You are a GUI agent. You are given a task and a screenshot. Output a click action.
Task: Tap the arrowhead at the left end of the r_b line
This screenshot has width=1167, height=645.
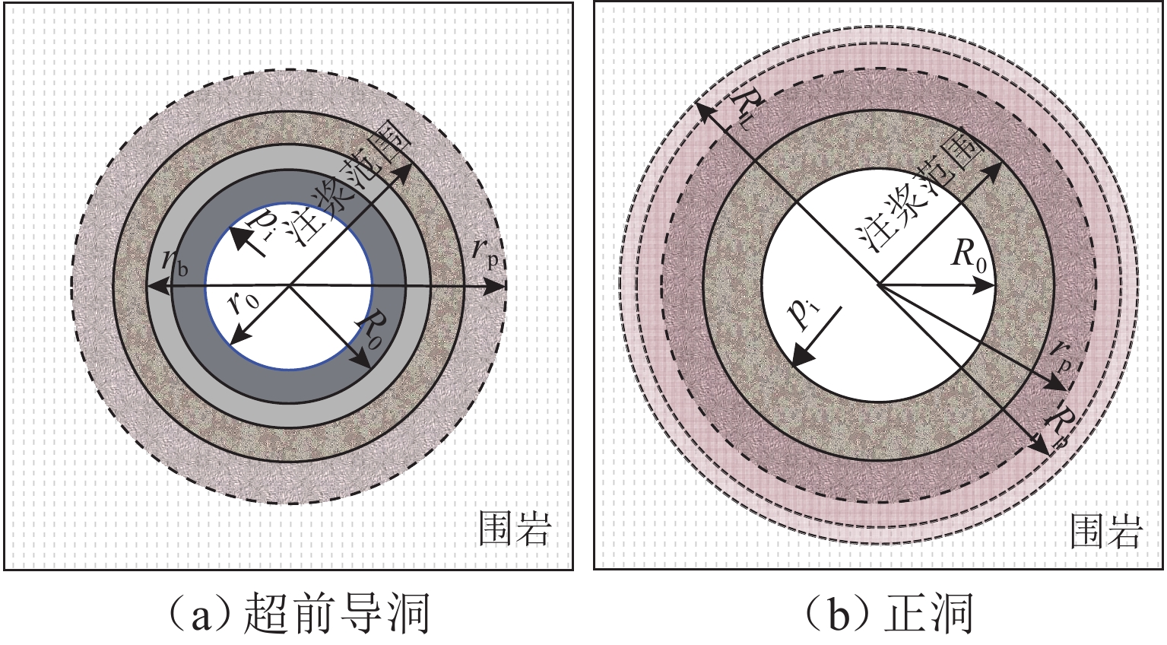tap(151, 287)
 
